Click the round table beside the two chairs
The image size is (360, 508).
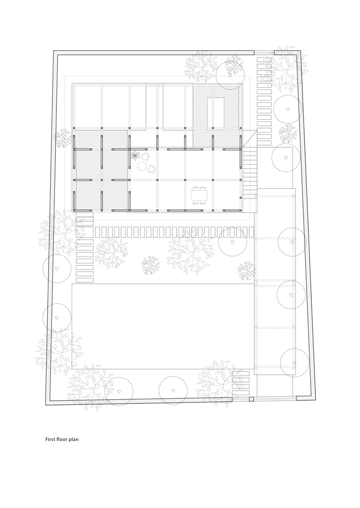[142, 166]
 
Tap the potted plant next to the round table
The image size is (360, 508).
[135, 155]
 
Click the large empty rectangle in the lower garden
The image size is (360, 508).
[163, 326]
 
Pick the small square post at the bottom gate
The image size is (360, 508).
[251, 400]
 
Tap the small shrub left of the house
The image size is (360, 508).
[63, 138]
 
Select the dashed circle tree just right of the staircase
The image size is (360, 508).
[285, 158]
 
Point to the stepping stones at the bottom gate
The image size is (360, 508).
[241, 386]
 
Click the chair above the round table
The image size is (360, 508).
[145, 156]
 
